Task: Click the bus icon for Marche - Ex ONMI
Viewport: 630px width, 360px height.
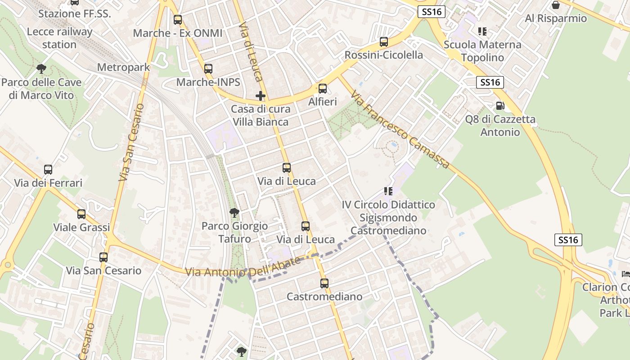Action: pyautogui.click(x=178, y=20)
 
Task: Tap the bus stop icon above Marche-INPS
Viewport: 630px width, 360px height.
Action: pyautogui.click(x=208, y=69)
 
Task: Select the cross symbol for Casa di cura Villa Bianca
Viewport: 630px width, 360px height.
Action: pyautogui.click(x=261, y=96)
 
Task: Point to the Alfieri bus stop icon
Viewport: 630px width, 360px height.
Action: pyautogui.click(x=322, y=89)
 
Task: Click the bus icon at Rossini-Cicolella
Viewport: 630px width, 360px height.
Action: pyautogui.click(x=384, y=42)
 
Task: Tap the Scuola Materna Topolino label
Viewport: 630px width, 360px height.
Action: pyautogui.click(x=482, y=51)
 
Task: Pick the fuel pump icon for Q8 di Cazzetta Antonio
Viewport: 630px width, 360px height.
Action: pyautogui.click(x=499, y=106)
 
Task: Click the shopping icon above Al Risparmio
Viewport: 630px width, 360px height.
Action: pyautogui.click(x=556, y=5)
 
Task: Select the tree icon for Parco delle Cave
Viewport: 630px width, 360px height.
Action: pyautogui.click(x=41, y=69)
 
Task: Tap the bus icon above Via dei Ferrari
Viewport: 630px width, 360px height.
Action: pyautogui.click(x=48, y=170)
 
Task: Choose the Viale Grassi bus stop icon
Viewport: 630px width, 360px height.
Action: pyautogui.click(x=81, y=214)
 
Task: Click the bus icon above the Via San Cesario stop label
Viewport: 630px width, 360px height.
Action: pyautogui.click(x=103, y=257)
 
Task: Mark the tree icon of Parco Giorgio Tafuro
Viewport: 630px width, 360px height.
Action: pyautogui.click(x=234, y=212)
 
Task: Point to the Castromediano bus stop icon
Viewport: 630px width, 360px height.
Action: pyautogui.click(x=324, y=283)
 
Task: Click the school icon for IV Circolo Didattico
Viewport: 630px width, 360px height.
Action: pyautogui.click(x=388, y=191)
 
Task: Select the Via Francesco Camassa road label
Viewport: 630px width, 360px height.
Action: pyautogui.click(x=400, y=130)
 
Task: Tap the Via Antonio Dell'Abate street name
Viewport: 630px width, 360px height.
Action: pyautogui.click(x=243, y=268)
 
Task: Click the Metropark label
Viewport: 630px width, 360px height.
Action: pyautogui.click(x=123, y=67)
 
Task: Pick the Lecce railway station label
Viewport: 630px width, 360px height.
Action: pyautogui.click(x=59, y=38)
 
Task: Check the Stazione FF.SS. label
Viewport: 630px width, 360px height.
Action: pyautogui.click(x=74, y=13)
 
